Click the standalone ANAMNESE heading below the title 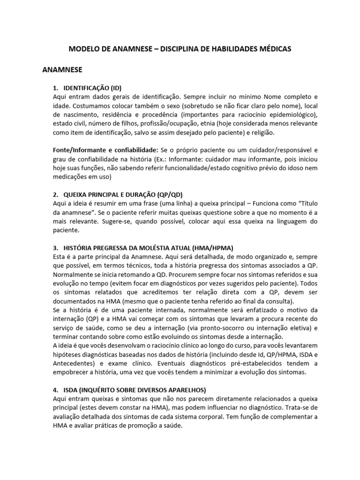pyautogui.click(x=62, y=70)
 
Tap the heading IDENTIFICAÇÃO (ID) pyautogui.click(x=92, y=88)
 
